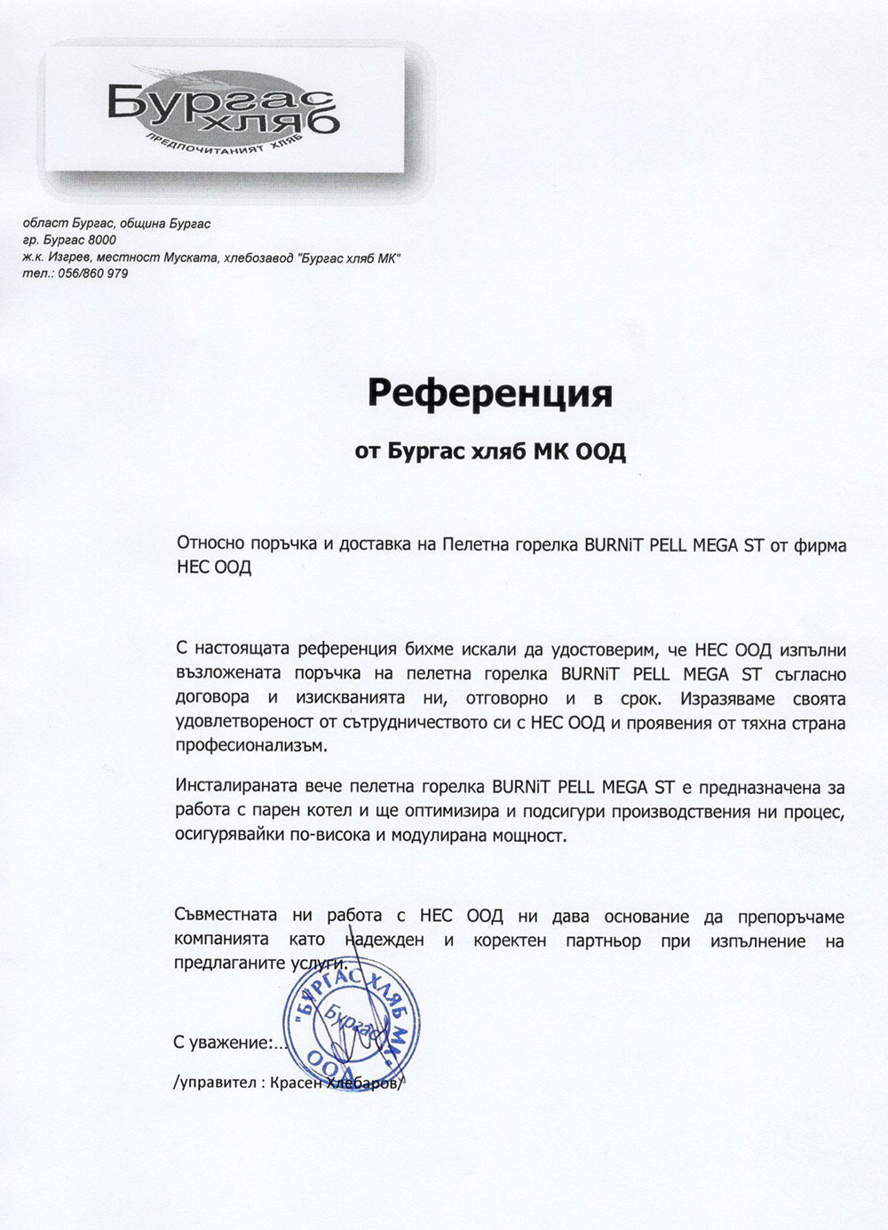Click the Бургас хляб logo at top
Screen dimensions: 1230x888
click(x=222, y=110)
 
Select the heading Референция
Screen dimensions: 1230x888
click(x=490, y=393)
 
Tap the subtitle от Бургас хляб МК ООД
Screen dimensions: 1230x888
click(x=490, y=452)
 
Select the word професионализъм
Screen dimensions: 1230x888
click(x=239, y=746)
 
